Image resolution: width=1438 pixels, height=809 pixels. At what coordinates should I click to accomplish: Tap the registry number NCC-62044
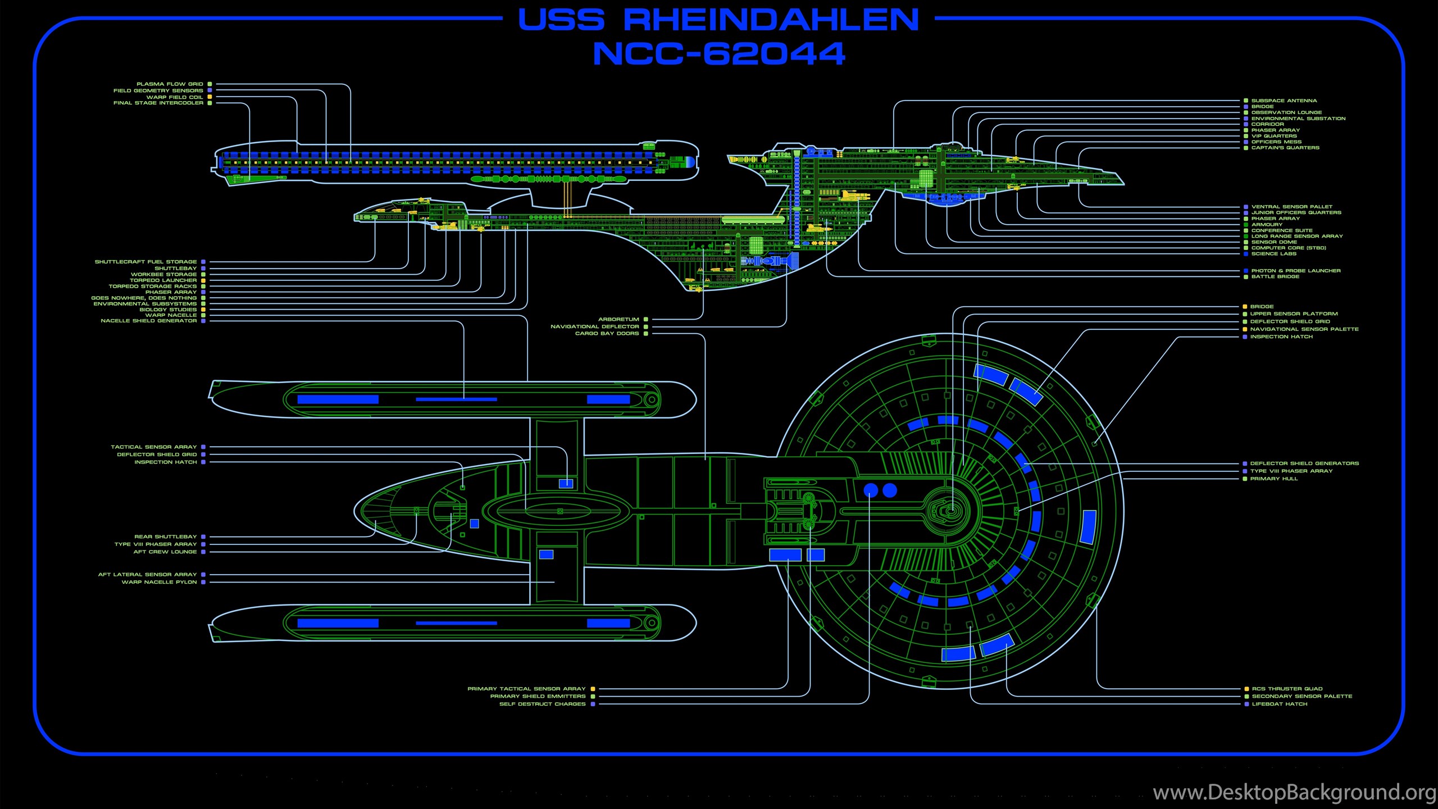tap(719, 54)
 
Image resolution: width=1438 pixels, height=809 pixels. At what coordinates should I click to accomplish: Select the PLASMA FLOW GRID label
tap(170, 84)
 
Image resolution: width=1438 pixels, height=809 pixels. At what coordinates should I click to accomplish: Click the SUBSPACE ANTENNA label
tap(1284, 101)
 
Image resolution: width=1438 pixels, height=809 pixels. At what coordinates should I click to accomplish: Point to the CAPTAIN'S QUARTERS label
tap(1285, 148)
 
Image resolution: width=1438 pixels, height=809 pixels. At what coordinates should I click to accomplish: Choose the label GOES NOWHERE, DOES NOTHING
tap(144, 298)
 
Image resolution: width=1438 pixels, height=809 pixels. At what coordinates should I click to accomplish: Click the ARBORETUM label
tap(618, 319)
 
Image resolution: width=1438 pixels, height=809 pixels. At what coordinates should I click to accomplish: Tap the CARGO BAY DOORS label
tap(607, 333)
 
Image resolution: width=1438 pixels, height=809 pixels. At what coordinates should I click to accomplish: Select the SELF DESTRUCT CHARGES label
tap(543, 704)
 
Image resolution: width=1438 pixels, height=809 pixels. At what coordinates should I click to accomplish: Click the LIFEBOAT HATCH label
tap(1280, 704)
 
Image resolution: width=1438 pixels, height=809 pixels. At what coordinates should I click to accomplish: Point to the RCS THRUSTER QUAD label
tap(1287, 689)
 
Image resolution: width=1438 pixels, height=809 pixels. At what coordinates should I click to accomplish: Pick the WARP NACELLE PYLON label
tap(160, 582)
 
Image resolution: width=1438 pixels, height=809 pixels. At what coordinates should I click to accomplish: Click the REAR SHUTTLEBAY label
tap(166, 537)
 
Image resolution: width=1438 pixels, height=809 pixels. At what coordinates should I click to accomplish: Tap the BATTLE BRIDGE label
tap(1275, 276)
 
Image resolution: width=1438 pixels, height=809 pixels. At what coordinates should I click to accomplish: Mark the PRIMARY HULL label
tap(1274, 479)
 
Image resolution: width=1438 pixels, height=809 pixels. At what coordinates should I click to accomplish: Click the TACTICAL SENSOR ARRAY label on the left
tap(154, 447)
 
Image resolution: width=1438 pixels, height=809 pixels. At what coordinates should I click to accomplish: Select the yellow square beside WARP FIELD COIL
tap(210, 97)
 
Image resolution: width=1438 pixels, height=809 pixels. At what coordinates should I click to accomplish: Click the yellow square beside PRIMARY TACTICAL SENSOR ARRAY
tap(593, 689)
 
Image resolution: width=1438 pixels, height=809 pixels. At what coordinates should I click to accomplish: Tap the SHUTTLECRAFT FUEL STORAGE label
tap(146, 262)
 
